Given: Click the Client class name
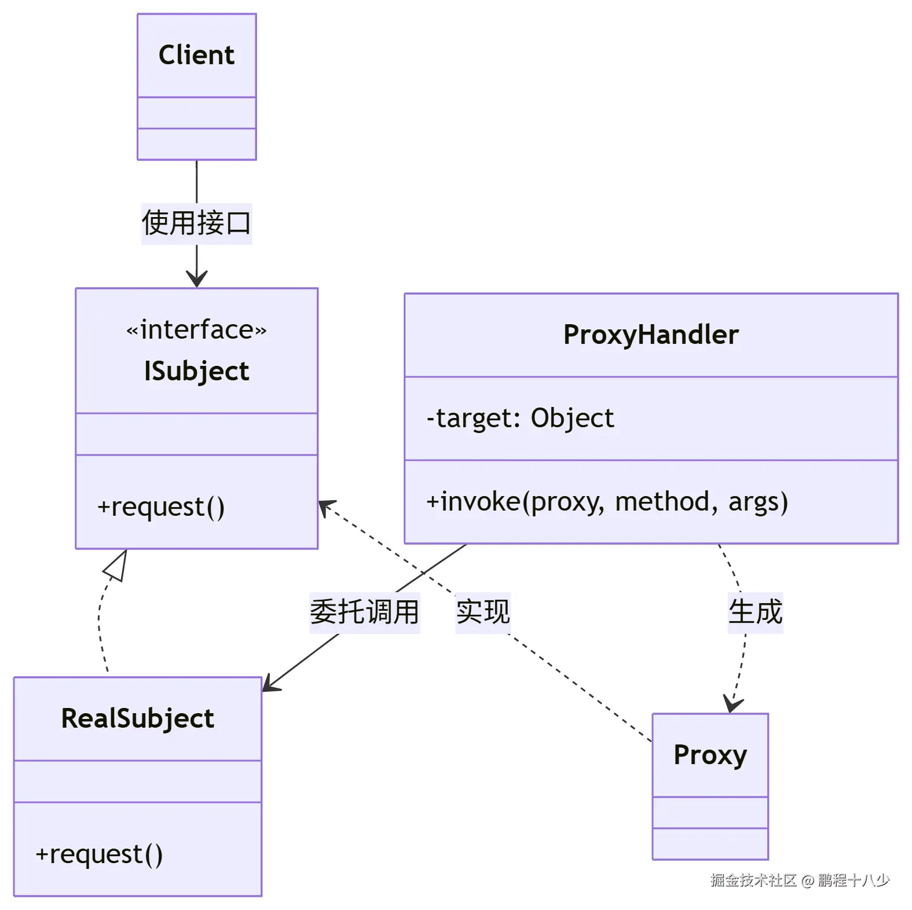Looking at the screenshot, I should point(196,55).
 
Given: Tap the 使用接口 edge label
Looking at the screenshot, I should point(196,223).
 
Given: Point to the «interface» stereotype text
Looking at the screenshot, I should point(196,329).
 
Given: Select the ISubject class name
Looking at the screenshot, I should point(196,371).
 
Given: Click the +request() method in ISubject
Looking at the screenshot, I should point(161,507).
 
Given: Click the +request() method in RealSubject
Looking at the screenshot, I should point(99,854).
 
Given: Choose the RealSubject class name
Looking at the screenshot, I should point(138,718).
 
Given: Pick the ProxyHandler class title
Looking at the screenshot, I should point(651,335).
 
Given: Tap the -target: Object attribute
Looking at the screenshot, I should point(520,418).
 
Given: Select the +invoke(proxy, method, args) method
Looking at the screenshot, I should point(607,501).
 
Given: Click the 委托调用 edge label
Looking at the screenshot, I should point(364,612).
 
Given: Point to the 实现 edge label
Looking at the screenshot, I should point(482,612).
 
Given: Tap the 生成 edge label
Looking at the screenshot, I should point(755,612).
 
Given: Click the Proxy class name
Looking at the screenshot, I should point(710,755).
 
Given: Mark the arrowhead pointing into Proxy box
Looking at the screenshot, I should point(732,704).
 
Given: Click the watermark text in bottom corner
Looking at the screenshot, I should point(800,880).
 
